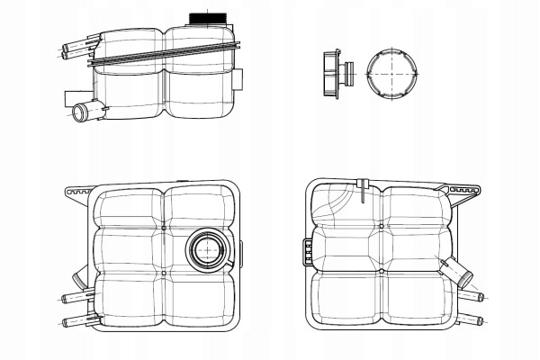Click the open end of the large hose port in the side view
tap(78, 112)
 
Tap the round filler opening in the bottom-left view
tap(207, 248)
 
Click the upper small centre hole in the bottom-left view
tap(164, 229)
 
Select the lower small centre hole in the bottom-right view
tap(381, 270)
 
